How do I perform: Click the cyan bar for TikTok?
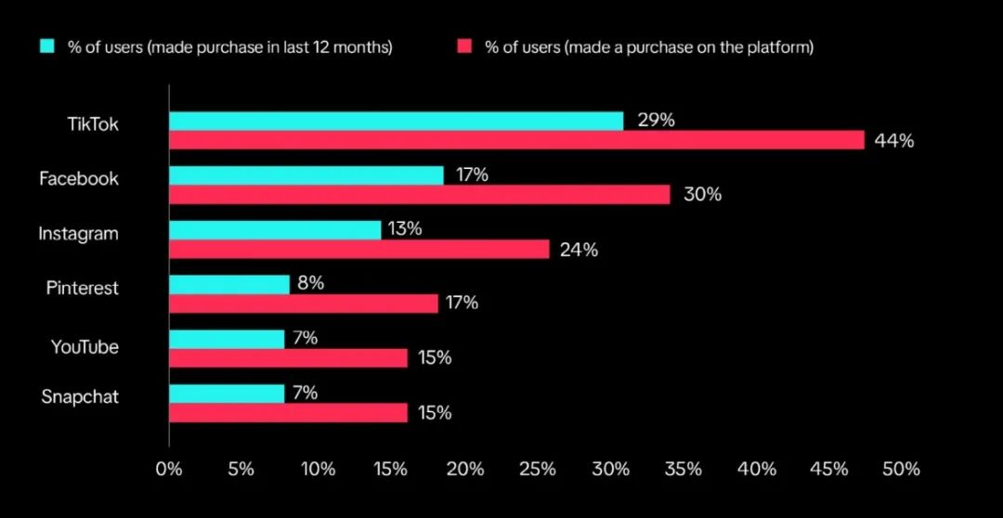(396, 121)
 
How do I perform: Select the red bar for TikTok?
(516, 140)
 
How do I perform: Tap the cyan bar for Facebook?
(306, 175)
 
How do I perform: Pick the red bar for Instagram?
(358, 249)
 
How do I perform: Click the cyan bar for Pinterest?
(229, 284)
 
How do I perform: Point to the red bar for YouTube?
(288, 357)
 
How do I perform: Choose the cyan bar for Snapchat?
(227, 394)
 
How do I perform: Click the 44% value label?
(894, 141)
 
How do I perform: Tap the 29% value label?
(656, 121)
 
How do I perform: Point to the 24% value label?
(579, 250)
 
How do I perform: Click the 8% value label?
(310, 284)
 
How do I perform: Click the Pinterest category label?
(83, 288)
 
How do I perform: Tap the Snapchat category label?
(80, 397)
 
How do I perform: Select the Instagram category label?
(78, 234)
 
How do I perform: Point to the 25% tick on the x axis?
(539, 470)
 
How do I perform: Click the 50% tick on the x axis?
(901, 470)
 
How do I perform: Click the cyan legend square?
(47, 45)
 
